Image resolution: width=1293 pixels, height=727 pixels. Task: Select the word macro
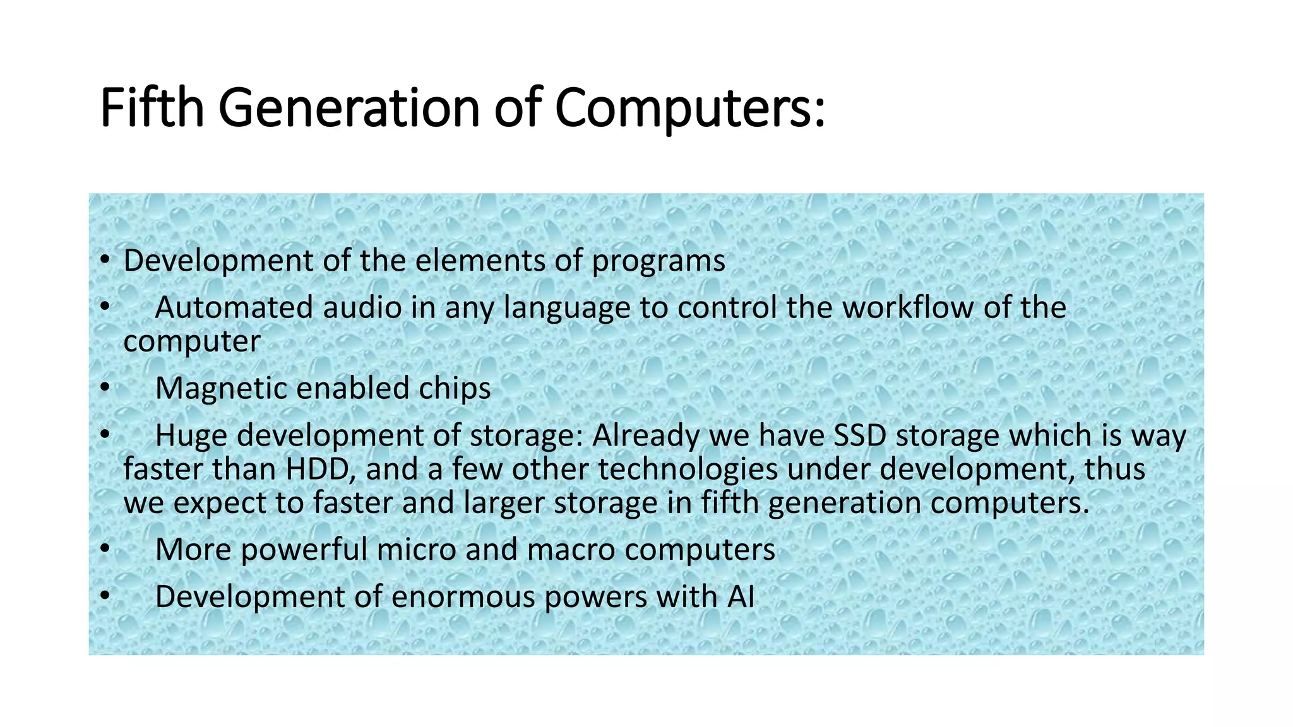click(571, 549)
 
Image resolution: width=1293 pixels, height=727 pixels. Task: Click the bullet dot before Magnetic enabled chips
click(105, 388)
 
